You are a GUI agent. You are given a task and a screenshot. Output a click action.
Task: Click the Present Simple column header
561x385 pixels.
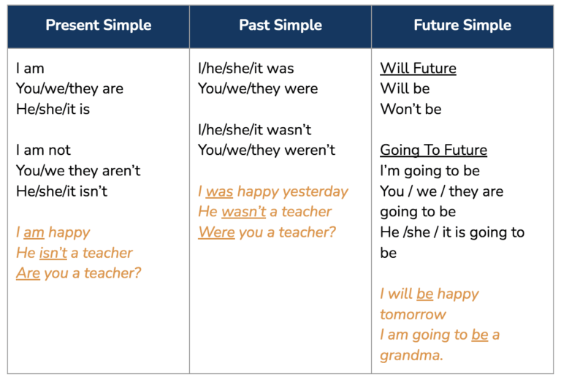click(x=99, y=26)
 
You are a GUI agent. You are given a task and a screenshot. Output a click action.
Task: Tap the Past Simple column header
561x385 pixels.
click(x=280, y=26)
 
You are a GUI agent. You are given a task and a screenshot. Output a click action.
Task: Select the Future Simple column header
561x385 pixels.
click(x=462, y=26)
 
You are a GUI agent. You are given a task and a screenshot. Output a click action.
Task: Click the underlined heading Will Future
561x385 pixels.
click(x=419, y=69)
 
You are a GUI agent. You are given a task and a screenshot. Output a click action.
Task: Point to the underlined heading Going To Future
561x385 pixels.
click(x=434, y=150)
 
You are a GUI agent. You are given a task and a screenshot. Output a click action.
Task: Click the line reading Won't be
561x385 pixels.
click(x=411, y=109)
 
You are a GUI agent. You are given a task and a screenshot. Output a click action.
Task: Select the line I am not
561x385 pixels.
click(x=43, y=150)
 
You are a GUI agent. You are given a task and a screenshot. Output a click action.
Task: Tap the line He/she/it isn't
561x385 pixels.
click(x=61, y=191)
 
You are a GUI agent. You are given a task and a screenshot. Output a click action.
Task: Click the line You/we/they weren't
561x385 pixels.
click(x=267, y=150)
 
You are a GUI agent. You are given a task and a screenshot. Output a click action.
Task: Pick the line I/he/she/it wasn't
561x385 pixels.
click(x=254, y=130)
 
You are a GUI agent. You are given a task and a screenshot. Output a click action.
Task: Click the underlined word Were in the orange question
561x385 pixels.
click(x=216, y=232)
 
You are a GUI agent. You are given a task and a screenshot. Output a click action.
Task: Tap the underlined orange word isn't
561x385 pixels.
click(x=53, y=253)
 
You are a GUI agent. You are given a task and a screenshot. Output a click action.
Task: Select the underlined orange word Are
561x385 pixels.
click(x=28, y=273)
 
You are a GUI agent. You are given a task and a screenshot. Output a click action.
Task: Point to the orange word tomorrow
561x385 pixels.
click(x=413, y=315)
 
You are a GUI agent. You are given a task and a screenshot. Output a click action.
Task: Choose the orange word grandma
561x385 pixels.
click(x=411, y=356)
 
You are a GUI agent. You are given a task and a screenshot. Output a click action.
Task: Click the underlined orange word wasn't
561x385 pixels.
click(x=244, y=212)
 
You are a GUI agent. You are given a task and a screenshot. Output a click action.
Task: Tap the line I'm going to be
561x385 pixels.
click(x=430, y=171)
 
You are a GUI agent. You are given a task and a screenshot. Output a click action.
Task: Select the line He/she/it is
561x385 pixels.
click(x=53, y=109)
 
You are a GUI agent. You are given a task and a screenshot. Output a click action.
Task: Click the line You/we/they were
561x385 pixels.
click(x=258, y=88)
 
